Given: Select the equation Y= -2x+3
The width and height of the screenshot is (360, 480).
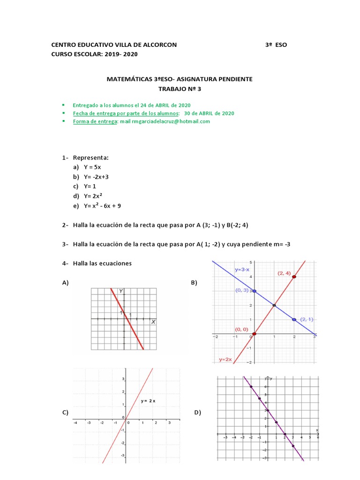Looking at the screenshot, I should tap(96, 177).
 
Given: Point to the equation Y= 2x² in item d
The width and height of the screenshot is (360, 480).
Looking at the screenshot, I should tap(94, 196).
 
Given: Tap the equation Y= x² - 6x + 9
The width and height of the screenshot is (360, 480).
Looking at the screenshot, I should tap(102, 205).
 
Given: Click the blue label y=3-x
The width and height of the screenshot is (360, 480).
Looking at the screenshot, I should tap(243, 270).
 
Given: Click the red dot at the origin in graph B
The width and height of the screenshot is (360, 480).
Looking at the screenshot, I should tap(254, 334).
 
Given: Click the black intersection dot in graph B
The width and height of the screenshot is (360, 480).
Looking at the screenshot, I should tap(274, 306).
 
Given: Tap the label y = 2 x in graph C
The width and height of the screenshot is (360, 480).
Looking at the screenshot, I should tap(149, 401).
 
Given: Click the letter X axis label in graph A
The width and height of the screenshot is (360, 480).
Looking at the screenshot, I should tap(153, 322).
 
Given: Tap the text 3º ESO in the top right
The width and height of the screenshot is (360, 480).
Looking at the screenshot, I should tap(276, 45).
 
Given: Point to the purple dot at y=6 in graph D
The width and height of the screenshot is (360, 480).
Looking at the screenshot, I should tap(251, 386).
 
